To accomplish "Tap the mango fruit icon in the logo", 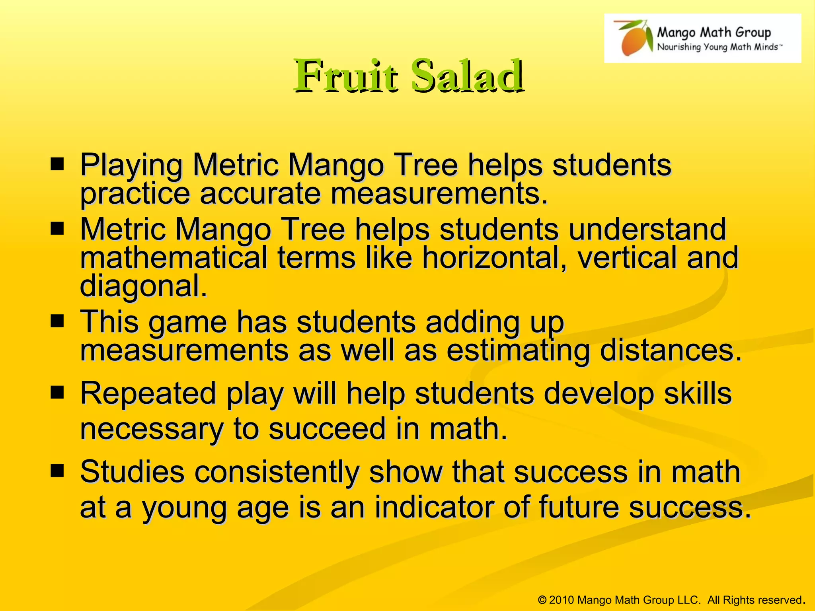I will tap(634, 39).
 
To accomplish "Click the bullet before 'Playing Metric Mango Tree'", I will tap(57, 164).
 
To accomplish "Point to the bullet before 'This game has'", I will tap(57, 321).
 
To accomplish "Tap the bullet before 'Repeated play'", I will tap(57, 393).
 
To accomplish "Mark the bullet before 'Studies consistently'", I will tap(57, 471).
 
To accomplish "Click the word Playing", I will tap(131, 165).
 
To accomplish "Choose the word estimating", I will tap(518, 351).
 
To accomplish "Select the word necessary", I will tap(152, 429).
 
